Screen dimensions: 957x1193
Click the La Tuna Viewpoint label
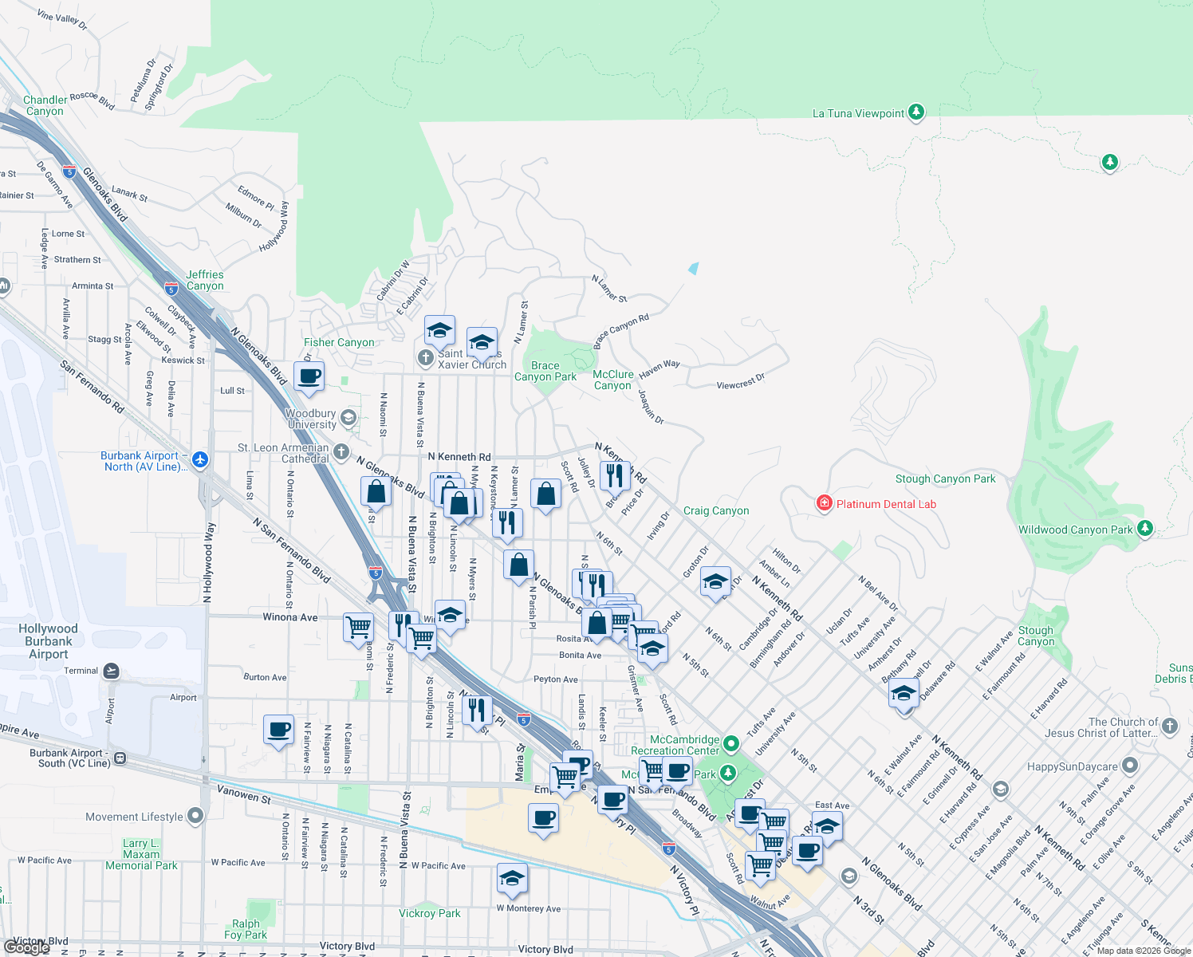click(x=858, y=113)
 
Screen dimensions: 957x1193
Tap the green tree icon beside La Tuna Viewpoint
click(x=916, y=112)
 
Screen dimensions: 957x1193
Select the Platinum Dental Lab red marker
click(x=824, y=503)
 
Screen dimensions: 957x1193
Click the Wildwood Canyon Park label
click(x=1075, y=530)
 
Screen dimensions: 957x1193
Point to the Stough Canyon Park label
click(x=945, y=478)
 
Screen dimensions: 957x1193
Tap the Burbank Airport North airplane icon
click(x=199, y=459)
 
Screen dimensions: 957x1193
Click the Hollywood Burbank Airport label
click(x=49, y=641)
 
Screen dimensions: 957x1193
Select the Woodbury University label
click(x=311, y=419)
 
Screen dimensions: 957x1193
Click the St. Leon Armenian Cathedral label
click(x=283, y=453)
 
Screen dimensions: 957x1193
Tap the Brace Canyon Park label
click(x=545, y=371)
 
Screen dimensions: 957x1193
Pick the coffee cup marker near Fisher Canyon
click(x=309, y=376)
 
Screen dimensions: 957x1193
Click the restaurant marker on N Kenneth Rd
click(x=615, y=475)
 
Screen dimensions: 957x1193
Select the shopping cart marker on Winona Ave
click(x=359, y=626)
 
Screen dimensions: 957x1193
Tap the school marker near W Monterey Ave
click(x=512, y=878)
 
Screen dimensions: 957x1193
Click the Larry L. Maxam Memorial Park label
click(x=141, y=854)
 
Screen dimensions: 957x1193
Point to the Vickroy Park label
click(x=430, y=913)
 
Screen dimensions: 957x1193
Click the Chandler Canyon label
click(x=45, y=105)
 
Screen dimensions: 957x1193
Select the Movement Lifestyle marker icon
click(x=195, y=816)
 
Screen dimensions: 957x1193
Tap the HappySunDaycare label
click(x=1072, y=766)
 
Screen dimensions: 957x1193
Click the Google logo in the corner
click(x=27, y=947)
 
